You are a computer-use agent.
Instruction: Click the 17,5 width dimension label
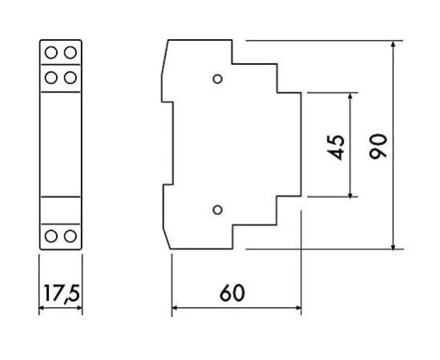(x=61, y=293)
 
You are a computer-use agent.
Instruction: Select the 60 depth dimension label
(x=232, y=293)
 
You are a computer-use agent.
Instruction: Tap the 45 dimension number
(x=336, y=148)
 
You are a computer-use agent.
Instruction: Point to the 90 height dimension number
(x=377, y=146)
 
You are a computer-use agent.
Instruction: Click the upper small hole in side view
(x=217, y=79)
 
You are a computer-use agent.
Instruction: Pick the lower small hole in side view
(x=217, y=210)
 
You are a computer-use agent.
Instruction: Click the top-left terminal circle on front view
(x=51, y=52)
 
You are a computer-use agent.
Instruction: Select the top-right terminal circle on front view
(x=71, y=52)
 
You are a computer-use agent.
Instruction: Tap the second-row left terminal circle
(x=51, y=78)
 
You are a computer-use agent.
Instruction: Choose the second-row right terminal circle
(x=71, y=78)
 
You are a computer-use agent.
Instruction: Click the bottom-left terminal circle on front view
(x=51, y=236)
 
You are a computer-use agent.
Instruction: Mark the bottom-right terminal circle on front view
(x=71, y=236)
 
